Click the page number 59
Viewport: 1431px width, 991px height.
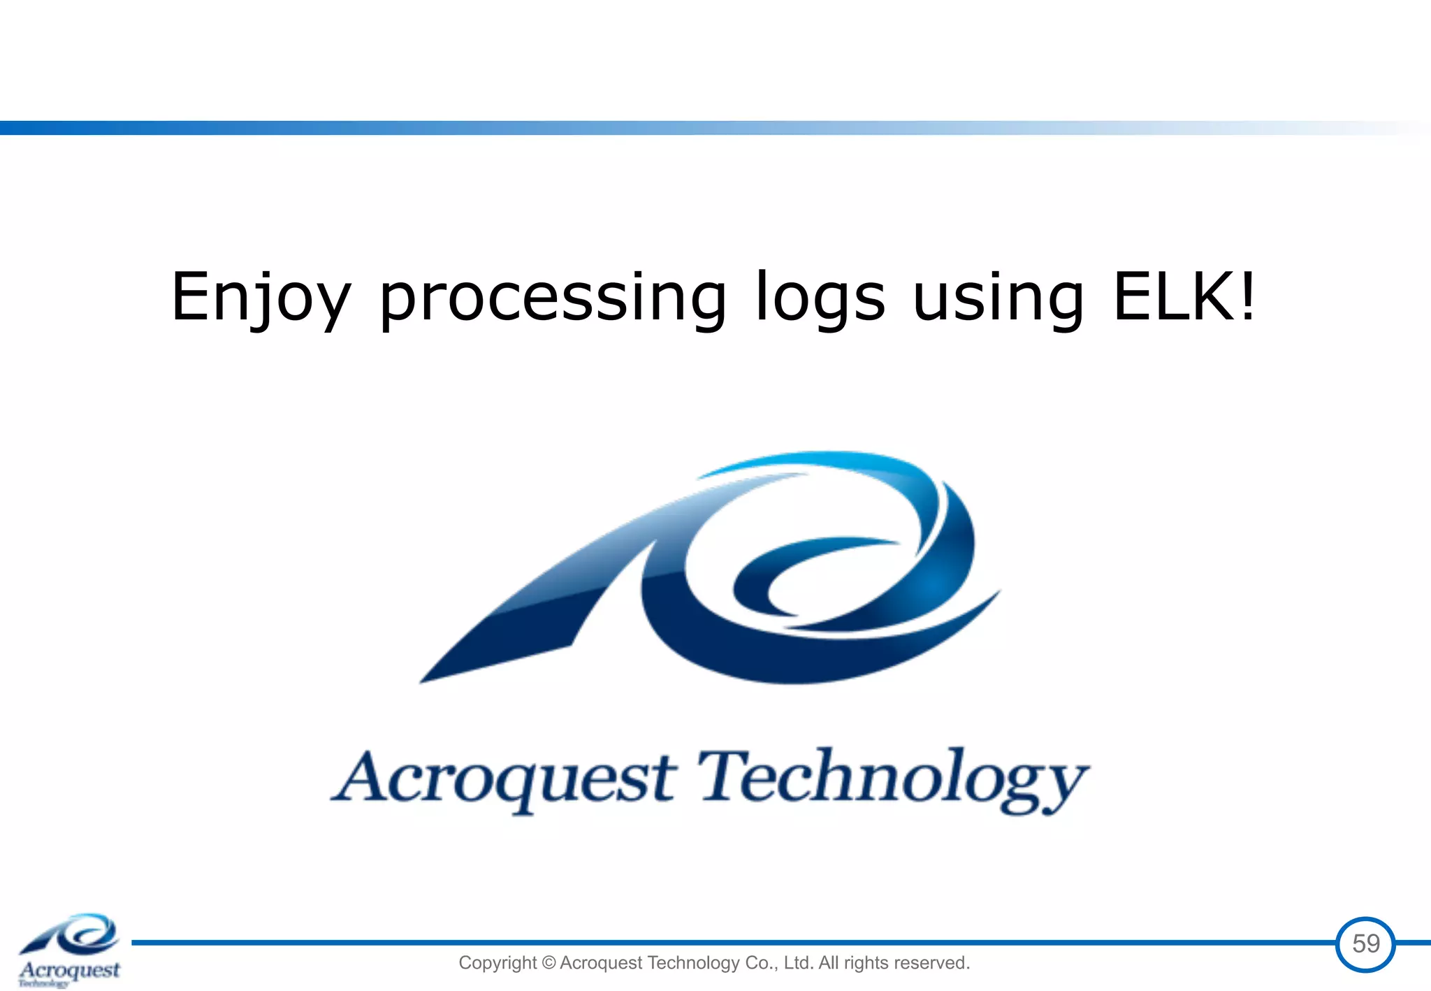pos(1365,944)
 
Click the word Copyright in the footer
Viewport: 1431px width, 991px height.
pos(497,963)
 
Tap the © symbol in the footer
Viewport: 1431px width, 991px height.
pos(549,963)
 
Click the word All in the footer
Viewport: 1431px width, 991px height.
pos(828,963)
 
